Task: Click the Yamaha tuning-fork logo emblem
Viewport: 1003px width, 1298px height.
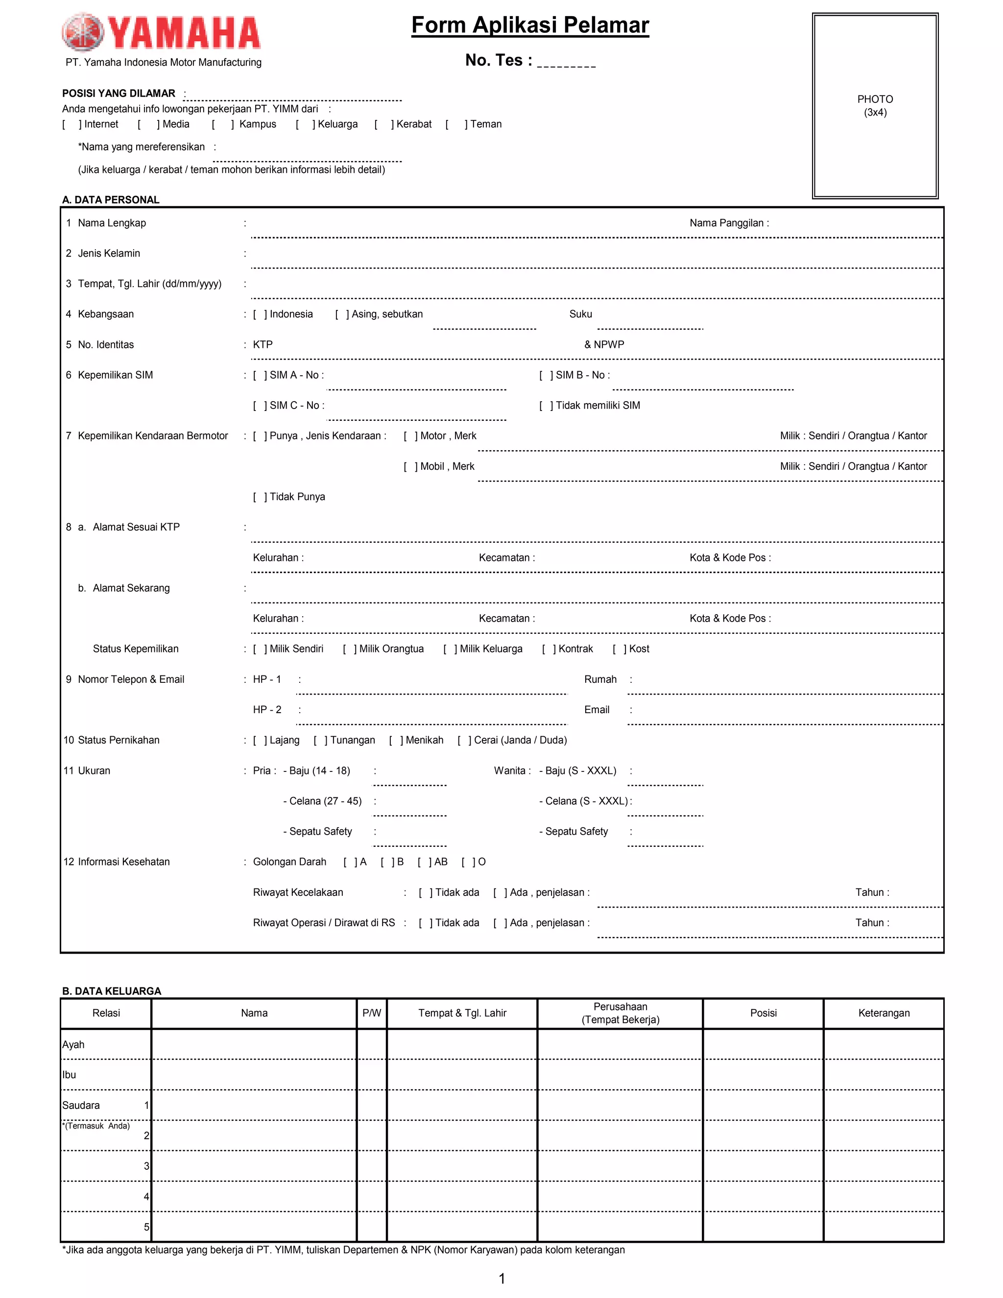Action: pos(83,32)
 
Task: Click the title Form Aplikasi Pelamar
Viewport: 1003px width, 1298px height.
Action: pos(529,25)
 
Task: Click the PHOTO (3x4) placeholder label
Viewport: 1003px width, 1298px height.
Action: pos(875,106)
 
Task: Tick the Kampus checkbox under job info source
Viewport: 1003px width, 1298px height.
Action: pos(222,124)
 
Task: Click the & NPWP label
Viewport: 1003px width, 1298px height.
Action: pos(604,345)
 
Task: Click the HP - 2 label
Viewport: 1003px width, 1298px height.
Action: pos(267,710)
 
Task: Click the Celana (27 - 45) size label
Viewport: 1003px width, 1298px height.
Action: pos(322,801)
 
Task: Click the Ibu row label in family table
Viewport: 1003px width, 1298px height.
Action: pos(70,1075)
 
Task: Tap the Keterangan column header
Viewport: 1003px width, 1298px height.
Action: pos(883,1013)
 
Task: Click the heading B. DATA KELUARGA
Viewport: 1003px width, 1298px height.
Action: pos(112,991)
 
